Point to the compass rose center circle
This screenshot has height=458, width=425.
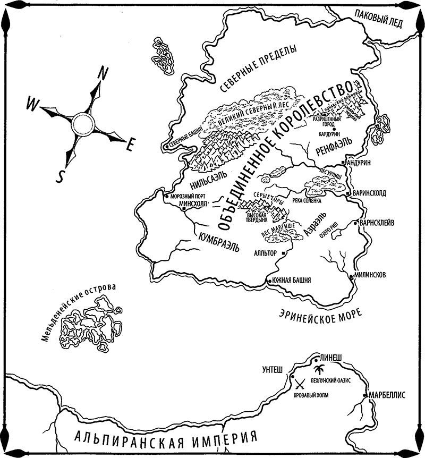click(x=83, y=123)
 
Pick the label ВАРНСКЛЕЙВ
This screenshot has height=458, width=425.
click(x=380, y=222)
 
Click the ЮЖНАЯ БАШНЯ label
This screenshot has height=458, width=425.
click(x=292, y=280)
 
